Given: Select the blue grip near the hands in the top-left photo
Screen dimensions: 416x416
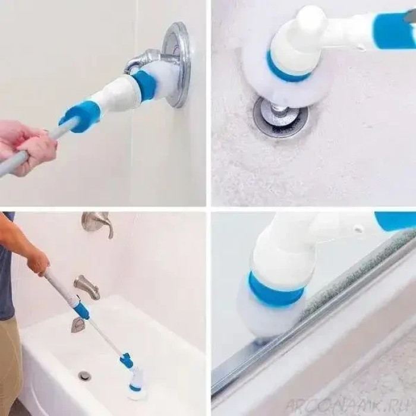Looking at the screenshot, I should pyautogui.click(x=81, y=115).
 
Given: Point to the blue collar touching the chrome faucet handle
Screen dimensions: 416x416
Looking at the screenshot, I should pyautogui.click(x=144, y=84).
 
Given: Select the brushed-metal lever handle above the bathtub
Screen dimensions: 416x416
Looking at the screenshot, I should pyautogui.click(x=97, y=223).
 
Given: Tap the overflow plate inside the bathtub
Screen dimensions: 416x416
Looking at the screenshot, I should pyautogui.click(x=78, y=324).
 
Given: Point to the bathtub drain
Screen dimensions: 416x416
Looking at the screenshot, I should pyautogui.click(x=85, y=375).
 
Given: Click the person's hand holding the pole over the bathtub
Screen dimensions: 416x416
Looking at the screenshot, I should pyautogui.click(x=39, y=261).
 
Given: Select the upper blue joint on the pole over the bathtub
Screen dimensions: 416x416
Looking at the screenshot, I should pyautogui.click(x=81, y=310).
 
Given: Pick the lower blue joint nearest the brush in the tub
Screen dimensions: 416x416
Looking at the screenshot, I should pyautogui.click(x=127, y=360).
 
